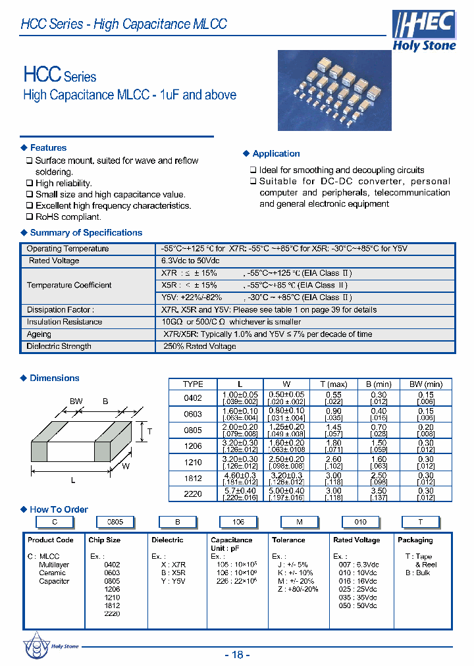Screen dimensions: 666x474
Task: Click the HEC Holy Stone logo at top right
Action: (424, 31)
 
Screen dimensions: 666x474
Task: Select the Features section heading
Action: (48, 148)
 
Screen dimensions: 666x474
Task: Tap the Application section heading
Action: (276, 154)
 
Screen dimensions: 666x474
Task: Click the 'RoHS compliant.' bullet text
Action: (68, 217)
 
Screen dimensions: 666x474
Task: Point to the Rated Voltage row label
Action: (53, 261)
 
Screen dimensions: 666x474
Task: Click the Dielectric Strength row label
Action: (59, 347)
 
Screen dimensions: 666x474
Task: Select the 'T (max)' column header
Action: (333, 384)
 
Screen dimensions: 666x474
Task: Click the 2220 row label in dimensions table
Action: (193, 493)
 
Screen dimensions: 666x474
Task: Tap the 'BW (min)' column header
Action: (425, 384)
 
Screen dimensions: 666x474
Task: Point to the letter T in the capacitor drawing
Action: (149, 432)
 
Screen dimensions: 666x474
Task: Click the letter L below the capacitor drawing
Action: (73, 480)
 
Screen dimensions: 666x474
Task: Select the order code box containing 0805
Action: (115, 522)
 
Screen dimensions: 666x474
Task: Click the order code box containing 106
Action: (238, 522)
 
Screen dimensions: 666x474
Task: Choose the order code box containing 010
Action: (360, 522)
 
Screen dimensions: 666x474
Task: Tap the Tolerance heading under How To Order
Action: (288, 540)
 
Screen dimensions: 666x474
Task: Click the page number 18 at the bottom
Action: (238, 654)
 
